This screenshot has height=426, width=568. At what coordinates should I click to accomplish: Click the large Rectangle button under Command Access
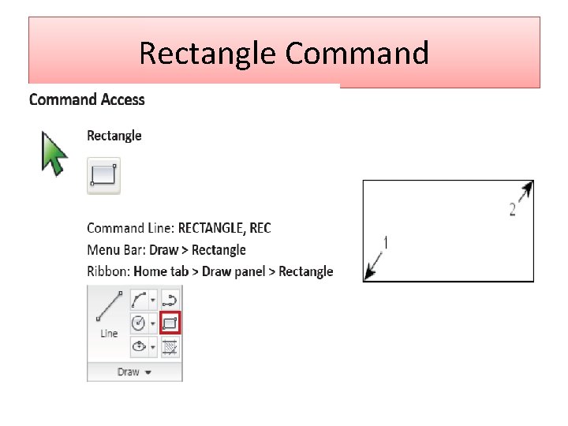pos(103,174)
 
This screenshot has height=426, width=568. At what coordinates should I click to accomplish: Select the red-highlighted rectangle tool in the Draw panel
pos(170,323)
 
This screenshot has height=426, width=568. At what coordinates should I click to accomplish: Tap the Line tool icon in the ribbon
pos(109,314)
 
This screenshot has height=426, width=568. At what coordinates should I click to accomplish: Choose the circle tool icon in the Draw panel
pos(140,323)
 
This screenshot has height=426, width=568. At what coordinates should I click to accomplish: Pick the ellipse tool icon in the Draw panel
pos(140,346)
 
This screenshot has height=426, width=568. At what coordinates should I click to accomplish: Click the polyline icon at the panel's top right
pos(170,299)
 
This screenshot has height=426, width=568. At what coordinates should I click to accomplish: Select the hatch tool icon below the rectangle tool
pos(170,346)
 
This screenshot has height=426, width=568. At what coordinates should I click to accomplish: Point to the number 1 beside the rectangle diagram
pos(386,242)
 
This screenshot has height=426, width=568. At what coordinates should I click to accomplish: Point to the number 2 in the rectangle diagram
pos(513,209)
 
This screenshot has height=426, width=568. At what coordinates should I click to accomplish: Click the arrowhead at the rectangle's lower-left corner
pos(370,273)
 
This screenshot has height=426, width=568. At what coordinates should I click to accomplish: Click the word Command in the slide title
pos(357,54)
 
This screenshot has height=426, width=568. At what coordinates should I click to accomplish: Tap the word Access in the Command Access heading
pos(122,99)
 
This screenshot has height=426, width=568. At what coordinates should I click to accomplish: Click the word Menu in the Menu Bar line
pos(103,250)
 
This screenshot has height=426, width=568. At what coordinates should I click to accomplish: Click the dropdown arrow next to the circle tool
pos(152,323)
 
